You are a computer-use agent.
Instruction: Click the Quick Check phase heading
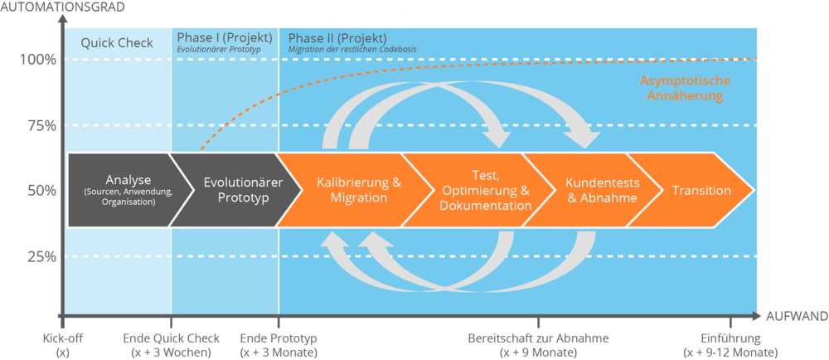click(x=117, y=43)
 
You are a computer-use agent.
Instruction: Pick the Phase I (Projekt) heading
click(x=225, y=38)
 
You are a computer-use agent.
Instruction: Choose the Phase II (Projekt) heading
click(x=337, y=38)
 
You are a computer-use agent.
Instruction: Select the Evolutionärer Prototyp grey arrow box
click(x=237, y=190)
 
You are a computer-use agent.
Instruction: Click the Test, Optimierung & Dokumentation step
click(x=484, y=190)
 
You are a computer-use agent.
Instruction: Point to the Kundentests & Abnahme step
click(x=601, y=190)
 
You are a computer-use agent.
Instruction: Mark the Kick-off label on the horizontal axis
click(x=64, y=345)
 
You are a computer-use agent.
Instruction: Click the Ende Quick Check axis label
click(x=172, y=345)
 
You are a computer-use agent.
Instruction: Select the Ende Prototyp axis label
click(x=279, y=345)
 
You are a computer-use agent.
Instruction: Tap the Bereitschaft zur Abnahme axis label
click(x=539, y=345)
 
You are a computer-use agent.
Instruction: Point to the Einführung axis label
click(x=730, y=345)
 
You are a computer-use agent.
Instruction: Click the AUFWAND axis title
click(x=796, y=317)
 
